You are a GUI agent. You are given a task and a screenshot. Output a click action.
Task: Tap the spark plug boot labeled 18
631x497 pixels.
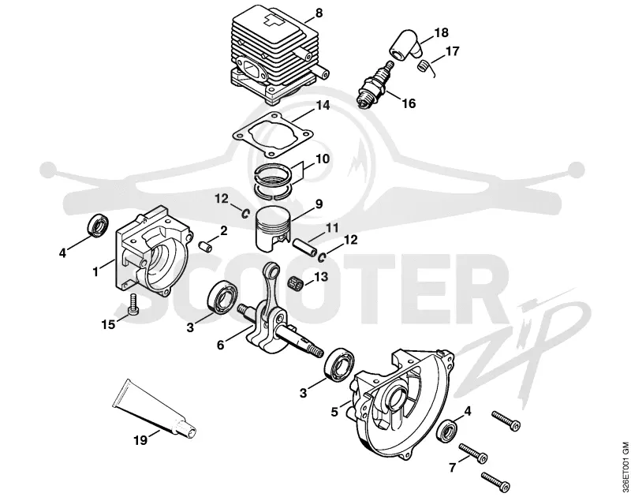(x=405, y=44)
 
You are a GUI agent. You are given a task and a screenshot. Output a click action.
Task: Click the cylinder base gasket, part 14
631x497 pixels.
(x=272, y=134)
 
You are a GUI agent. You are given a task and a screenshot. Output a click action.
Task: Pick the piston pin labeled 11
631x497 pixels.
(x=306, y=247)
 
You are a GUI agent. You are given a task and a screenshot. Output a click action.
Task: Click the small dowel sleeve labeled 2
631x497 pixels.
(x=206, y=246)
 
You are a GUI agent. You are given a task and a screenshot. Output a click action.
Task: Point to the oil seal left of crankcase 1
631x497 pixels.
(x=97, y=227)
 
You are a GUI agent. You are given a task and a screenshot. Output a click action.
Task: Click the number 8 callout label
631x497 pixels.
(x=319, y=13)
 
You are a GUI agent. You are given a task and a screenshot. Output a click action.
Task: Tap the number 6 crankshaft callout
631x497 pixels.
(x=220, y=345)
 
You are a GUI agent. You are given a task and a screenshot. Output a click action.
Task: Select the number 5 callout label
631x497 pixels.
(x=334, y=413)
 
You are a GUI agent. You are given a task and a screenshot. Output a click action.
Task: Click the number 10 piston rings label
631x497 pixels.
(x=323, y=159)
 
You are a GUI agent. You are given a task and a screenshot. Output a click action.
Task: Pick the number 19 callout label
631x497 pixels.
(x=140, y=441)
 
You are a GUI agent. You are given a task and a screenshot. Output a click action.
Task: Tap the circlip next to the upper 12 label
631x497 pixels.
(x=245, y=214)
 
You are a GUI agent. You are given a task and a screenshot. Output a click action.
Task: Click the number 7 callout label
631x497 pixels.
(x=453, y=468)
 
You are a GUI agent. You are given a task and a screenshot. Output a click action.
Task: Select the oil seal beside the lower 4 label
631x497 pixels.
(x=447, y=431)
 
